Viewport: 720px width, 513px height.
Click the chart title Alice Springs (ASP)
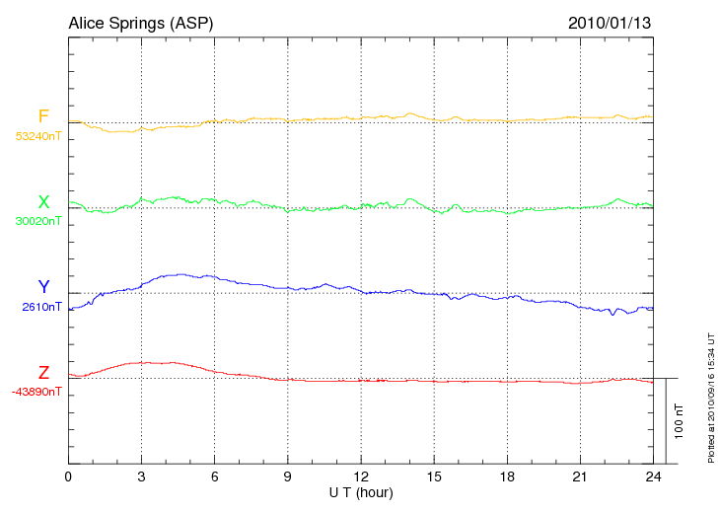click(140, 22)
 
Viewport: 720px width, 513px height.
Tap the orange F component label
click(43, 117)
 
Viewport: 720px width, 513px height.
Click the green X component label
click(43, 202)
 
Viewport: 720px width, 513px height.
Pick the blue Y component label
click(43, 287)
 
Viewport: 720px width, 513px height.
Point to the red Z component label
click(43, 373)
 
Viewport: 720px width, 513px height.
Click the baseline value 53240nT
click(37, 136)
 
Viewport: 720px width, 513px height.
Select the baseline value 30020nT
click(37, 221)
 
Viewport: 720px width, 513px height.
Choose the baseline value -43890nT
click(37, 392)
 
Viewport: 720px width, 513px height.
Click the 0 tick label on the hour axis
click(68, 476)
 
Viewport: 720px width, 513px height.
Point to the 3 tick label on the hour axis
click(142, 476)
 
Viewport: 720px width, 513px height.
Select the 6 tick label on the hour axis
click(215, 476)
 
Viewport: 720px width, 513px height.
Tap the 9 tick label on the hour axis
click(288, 476)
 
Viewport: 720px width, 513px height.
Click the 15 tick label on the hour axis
click(434, 476)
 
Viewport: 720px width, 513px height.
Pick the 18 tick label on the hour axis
click(507, 476)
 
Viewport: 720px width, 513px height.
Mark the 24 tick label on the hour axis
click(653, 476)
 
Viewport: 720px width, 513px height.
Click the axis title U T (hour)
click(361, 491)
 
